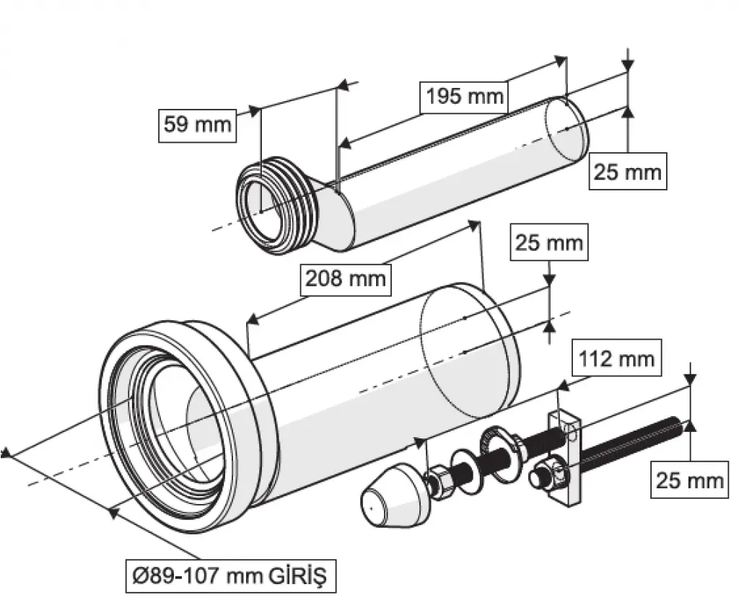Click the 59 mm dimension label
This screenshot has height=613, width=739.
point(197,124)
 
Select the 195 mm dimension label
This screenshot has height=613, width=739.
point(463,96)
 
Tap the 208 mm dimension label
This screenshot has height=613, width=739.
point(344,278)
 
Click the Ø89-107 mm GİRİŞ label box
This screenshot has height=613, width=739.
point(230,576)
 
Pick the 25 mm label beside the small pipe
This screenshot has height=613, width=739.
point(627,172)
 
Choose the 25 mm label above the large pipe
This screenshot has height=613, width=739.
point(548,242)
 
